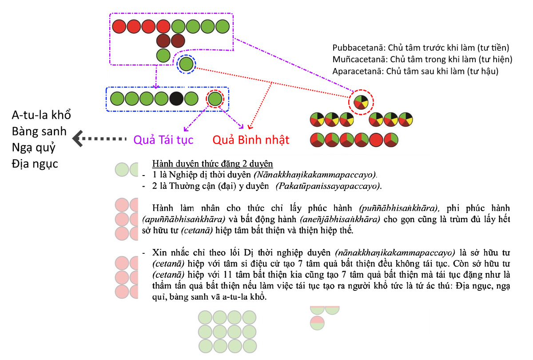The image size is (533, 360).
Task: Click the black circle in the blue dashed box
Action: coord(176,99)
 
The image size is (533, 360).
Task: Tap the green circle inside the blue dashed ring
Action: coord(186,64)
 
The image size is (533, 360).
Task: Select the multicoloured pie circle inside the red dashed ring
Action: coord(361,102)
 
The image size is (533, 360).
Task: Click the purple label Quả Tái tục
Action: coord(163,140)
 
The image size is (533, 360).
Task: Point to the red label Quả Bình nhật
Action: coord(251,140)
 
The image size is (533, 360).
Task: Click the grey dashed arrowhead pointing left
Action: coord(78,139)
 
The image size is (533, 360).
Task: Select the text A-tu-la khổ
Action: coord(41,115)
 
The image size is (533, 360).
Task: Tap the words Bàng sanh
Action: coord(39,131)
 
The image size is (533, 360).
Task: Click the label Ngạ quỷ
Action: coord(34,148)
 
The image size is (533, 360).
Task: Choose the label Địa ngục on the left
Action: coord(35,164)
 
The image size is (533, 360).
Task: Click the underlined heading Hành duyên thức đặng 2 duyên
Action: coord(212,164)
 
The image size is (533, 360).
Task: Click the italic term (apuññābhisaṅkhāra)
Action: coord(183,219)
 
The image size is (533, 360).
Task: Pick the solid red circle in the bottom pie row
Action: coord(376,140)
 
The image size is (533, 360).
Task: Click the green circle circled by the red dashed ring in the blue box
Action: coord(215,99)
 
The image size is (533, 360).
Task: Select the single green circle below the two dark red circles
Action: coord(163,56)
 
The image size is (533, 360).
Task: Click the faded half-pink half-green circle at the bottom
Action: coord(317,323)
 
